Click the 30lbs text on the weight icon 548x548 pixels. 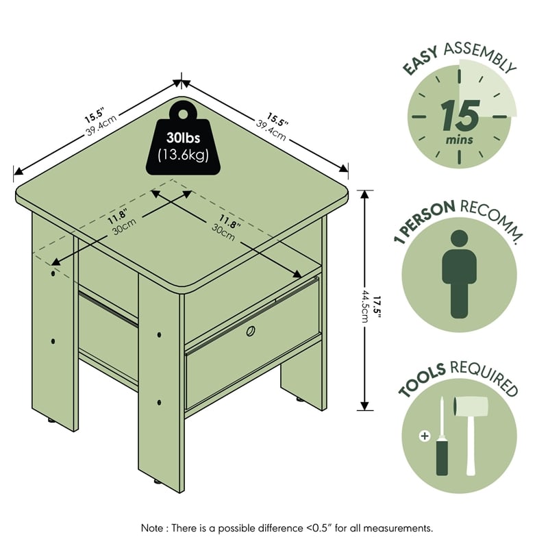(x=183, y=138)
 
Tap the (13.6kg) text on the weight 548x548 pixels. (x=183, y=155)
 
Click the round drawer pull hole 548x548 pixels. (x=251, y=331)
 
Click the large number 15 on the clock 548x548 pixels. (x=460, y=115)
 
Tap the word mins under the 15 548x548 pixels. (x=459, y=140)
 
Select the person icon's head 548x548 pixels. (x=459, y=238)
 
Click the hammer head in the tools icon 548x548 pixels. (x=471, y=406)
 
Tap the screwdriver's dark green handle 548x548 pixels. (x=442, y=458)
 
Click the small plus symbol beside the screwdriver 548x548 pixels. (x=425, y=436)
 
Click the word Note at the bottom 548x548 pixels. (x=152, y=527)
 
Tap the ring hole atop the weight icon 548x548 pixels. (x=183, y=114)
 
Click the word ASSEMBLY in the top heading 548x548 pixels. (x=480, y=55)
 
